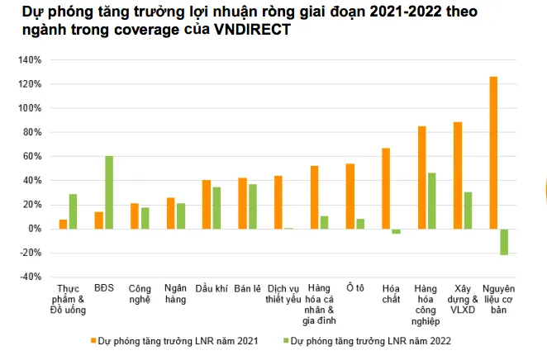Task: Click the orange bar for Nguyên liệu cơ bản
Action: coord(493,153)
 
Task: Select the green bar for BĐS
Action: coord(109,192)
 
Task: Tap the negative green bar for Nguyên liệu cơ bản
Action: coord(503,242)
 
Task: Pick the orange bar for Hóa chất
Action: coord(386,188)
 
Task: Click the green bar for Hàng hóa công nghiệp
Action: coord(431,201)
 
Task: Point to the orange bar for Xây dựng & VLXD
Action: coord(458,175)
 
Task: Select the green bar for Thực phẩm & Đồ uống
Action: coord(73,211)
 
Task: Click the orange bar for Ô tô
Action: coord(350,196)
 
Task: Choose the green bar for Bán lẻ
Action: coord(252,206)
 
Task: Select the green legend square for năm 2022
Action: coord(286,339)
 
